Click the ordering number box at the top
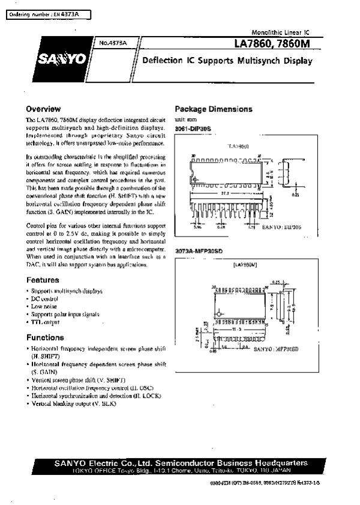coord(44,13)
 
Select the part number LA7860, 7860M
coord(274,44)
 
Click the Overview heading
coord(43,109)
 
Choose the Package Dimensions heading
coord(213,109)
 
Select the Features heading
coord(43,280)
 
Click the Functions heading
coord(45,337)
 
